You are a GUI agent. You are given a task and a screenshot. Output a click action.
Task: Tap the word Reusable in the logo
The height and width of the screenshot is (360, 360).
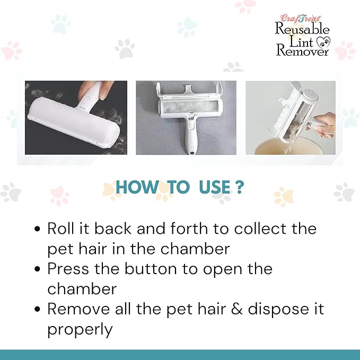[x=302, y=30]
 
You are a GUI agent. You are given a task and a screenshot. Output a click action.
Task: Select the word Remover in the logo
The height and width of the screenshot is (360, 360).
[x=302, y=51]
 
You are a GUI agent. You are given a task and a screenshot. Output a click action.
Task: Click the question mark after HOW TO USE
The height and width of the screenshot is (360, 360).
[x=240, y=187]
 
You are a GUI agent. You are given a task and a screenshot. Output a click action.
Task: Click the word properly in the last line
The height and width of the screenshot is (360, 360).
[x=80, y=330]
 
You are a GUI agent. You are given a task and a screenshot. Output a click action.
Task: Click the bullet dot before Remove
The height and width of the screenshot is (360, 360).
[x=37, y=309]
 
